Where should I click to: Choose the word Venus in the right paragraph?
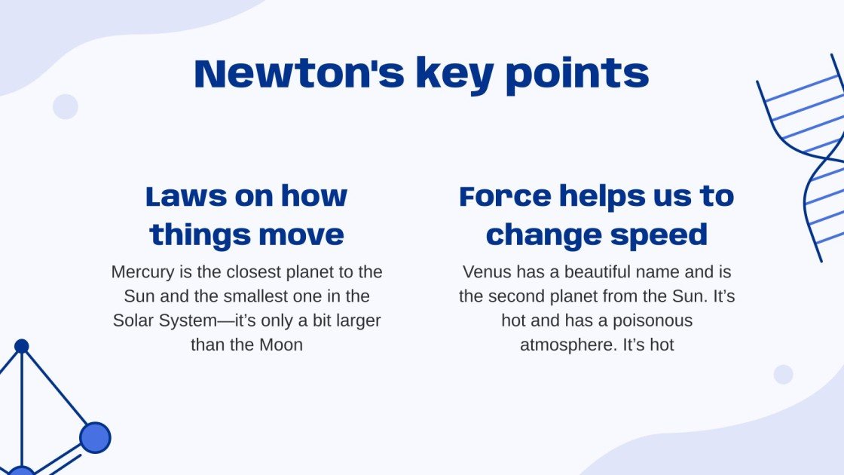[486, 271]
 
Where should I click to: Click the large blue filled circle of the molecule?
[95, 437]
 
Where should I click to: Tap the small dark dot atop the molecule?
[22, 346]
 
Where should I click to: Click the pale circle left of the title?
[66, 106]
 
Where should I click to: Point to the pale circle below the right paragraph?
[784, 375]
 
